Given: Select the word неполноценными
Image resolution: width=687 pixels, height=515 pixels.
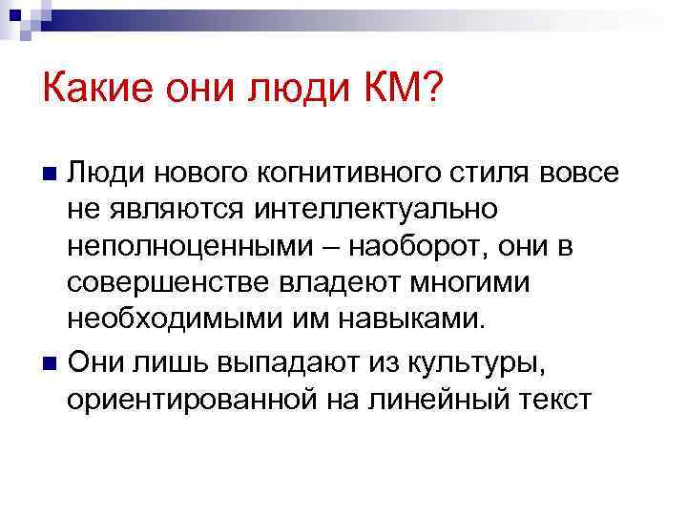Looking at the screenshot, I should coord(192,246).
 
